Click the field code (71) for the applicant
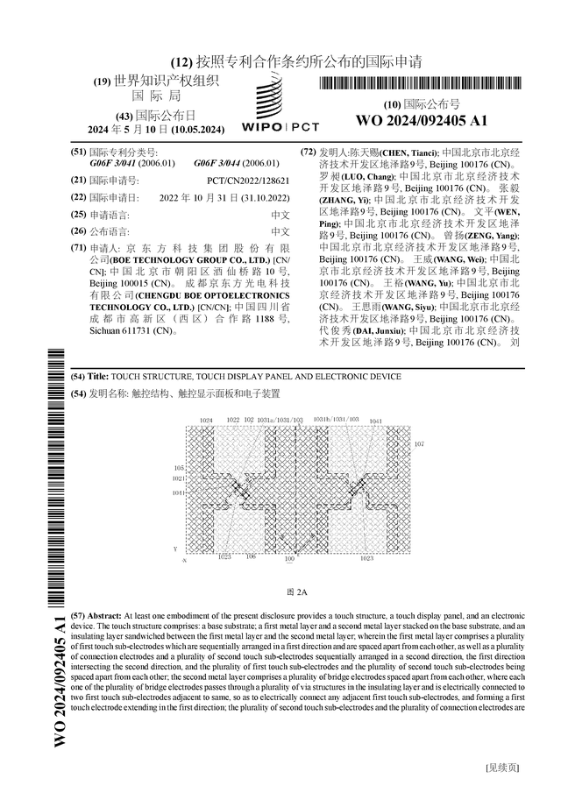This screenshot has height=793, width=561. point(79,250)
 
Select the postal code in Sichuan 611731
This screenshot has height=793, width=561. point(131,332)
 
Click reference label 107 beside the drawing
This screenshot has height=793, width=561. point(419,444)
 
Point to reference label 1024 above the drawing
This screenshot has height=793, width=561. point(206,421)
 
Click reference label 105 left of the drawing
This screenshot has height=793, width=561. point(179,469)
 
